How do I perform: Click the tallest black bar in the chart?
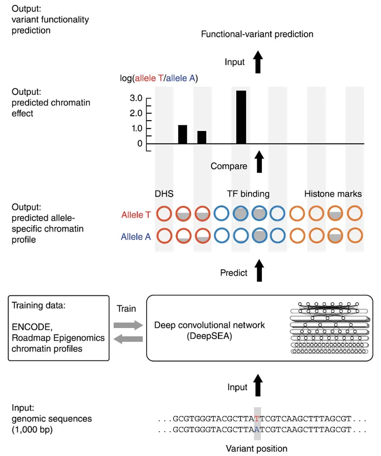[241, 117]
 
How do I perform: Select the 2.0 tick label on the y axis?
[137, 113]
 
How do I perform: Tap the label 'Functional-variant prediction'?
[257, 34]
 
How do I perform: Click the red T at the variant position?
[257, 419]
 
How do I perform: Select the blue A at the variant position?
[257, 429]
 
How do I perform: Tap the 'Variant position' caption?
[257, 448]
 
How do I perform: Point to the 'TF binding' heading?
[248, 194]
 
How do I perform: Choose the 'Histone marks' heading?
[333, 194]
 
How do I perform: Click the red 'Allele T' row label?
[136, 215]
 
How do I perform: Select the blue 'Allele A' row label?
[136, 236]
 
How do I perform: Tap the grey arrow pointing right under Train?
[129, 325]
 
